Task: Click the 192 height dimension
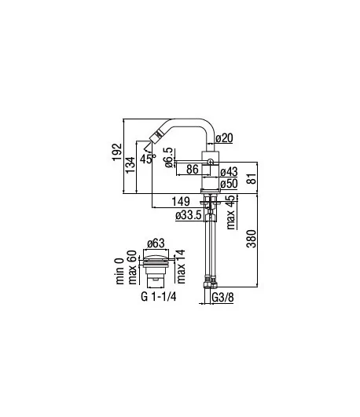117,152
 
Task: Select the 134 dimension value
130,165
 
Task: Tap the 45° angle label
148,159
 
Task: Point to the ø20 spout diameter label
224,138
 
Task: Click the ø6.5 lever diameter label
169,158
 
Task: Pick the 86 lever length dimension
193,169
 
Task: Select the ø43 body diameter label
229,172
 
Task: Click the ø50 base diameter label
229,184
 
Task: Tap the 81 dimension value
252,178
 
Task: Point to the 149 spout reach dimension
181,202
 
